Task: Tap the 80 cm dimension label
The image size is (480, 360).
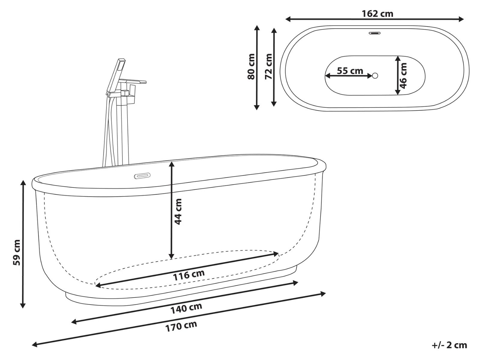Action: coord(251,67)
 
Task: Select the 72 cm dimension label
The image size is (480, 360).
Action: coord(269,67)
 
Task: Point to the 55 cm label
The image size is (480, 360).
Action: coord(349,71)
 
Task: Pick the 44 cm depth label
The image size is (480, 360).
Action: coord(178,211)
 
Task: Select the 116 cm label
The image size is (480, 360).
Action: coord(189,274)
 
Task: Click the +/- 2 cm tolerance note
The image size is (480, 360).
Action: coord(449,345)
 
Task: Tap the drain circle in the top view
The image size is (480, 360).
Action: coord(375,76)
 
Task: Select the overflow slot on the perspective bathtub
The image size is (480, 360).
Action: coord(143,175)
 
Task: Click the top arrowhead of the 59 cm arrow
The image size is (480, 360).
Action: coord(23,183)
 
